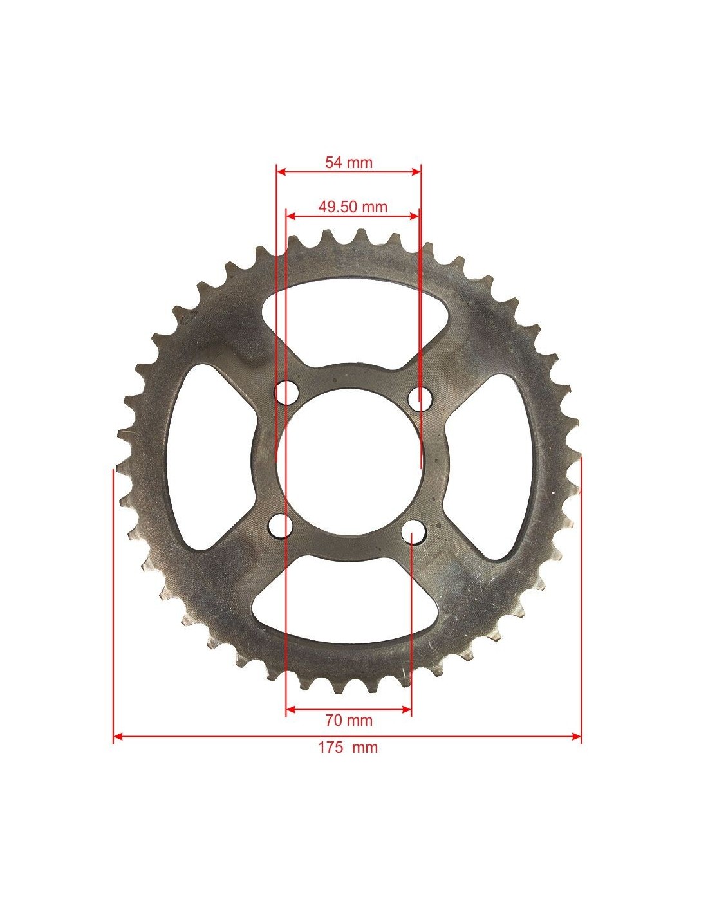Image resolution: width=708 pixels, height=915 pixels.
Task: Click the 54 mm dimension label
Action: point(349,162)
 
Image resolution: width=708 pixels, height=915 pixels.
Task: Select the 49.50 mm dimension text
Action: point(353,207)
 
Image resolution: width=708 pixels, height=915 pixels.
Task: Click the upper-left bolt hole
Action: point(286,393)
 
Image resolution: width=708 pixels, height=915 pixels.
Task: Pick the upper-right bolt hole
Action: point(420,398)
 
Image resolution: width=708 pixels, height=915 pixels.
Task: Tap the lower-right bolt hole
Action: point(413,532)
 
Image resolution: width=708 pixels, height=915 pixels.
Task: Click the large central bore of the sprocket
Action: point(349,462)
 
